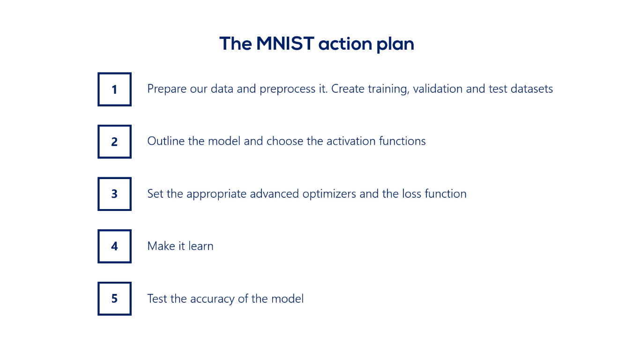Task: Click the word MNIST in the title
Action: [285, 44]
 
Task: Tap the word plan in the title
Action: [395, 45]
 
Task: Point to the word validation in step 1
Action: [438, 89]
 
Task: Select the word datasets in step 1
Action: [532, 89]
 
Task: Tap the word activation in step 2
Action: [351, 141]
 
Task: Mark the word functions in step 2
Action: [402, 141]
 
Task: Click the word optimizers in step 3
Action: [329, 194]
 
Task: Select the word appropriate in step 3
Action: [216, 195]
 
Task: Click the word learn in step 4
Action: [201, 246]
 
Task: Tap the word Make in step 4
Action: [161, 246]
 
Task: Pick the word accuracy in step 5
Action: [212, 299]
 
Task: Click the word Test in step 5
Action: [157, 299]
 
